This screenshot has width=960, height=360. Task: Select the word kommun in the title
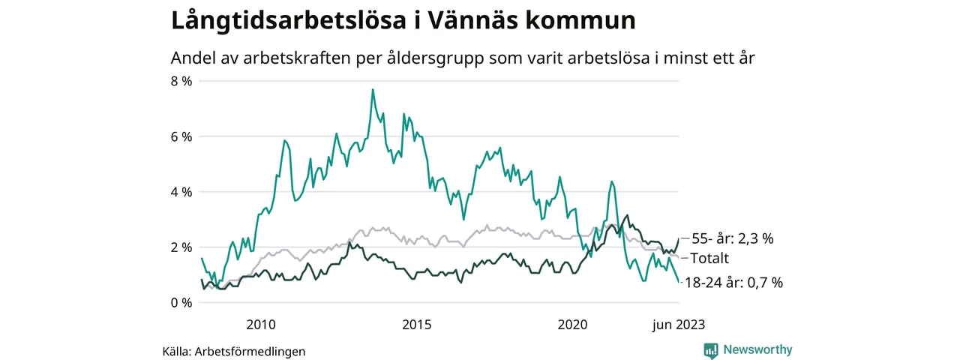tap(589, 21)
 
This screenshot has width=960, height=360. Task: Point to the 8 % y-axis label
tap(181, 81)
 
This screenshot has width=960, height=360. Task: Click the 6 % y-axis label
tap(181, 136)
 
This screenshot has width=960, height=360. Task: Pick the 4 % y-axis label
tap(181, 192)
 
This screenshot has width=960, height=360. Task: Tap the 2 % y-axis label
tap(181, 247)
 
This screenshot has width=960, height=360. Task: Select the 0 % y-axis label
tap(181, 303)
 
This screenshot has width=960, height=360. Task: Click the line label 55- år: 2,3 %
tap(732, 239)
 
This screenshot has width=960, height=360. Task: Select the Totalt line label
tap(714, 259)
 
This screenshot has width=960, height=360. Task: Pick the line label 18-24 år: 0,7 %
tap(736, 283)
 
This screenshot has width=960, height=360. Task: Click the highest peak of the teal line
tap(373, 90)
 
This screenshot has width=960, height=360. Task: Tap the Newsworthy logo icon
tap(710, 350)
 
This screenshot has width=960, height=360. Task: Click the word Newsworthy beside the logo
tap(757, 349)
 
